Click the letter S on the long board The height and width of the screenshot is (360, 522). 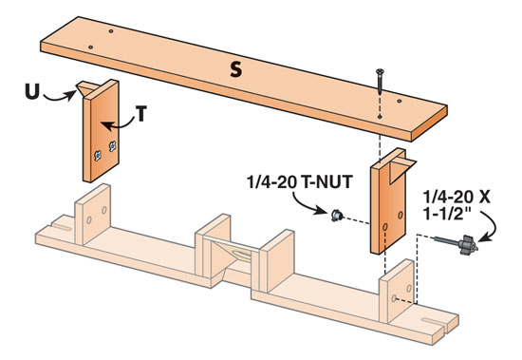pos(235,70)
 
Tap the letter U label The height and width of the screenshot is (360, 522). pos(32,91)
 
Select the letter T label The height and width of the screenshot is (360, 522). pos(141,113)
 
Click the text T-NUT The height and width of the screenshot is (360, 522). pos(326,182)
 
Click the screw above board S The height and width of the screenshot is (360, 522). pos(380,81)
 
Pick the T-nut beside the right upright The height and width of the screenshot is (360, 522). pos(337,216)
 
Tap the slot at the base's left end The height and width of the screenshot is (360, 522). pos(62,226)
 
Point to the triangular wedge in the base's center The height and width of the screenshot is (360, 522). pos(230,254)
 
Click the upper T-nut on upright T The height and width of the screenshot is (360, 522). pos(113,146)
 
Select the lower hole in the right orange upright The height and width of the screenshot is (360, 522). pos(384,227)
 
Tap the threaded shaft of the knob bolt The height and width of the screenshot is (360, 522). pos(446,240)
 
